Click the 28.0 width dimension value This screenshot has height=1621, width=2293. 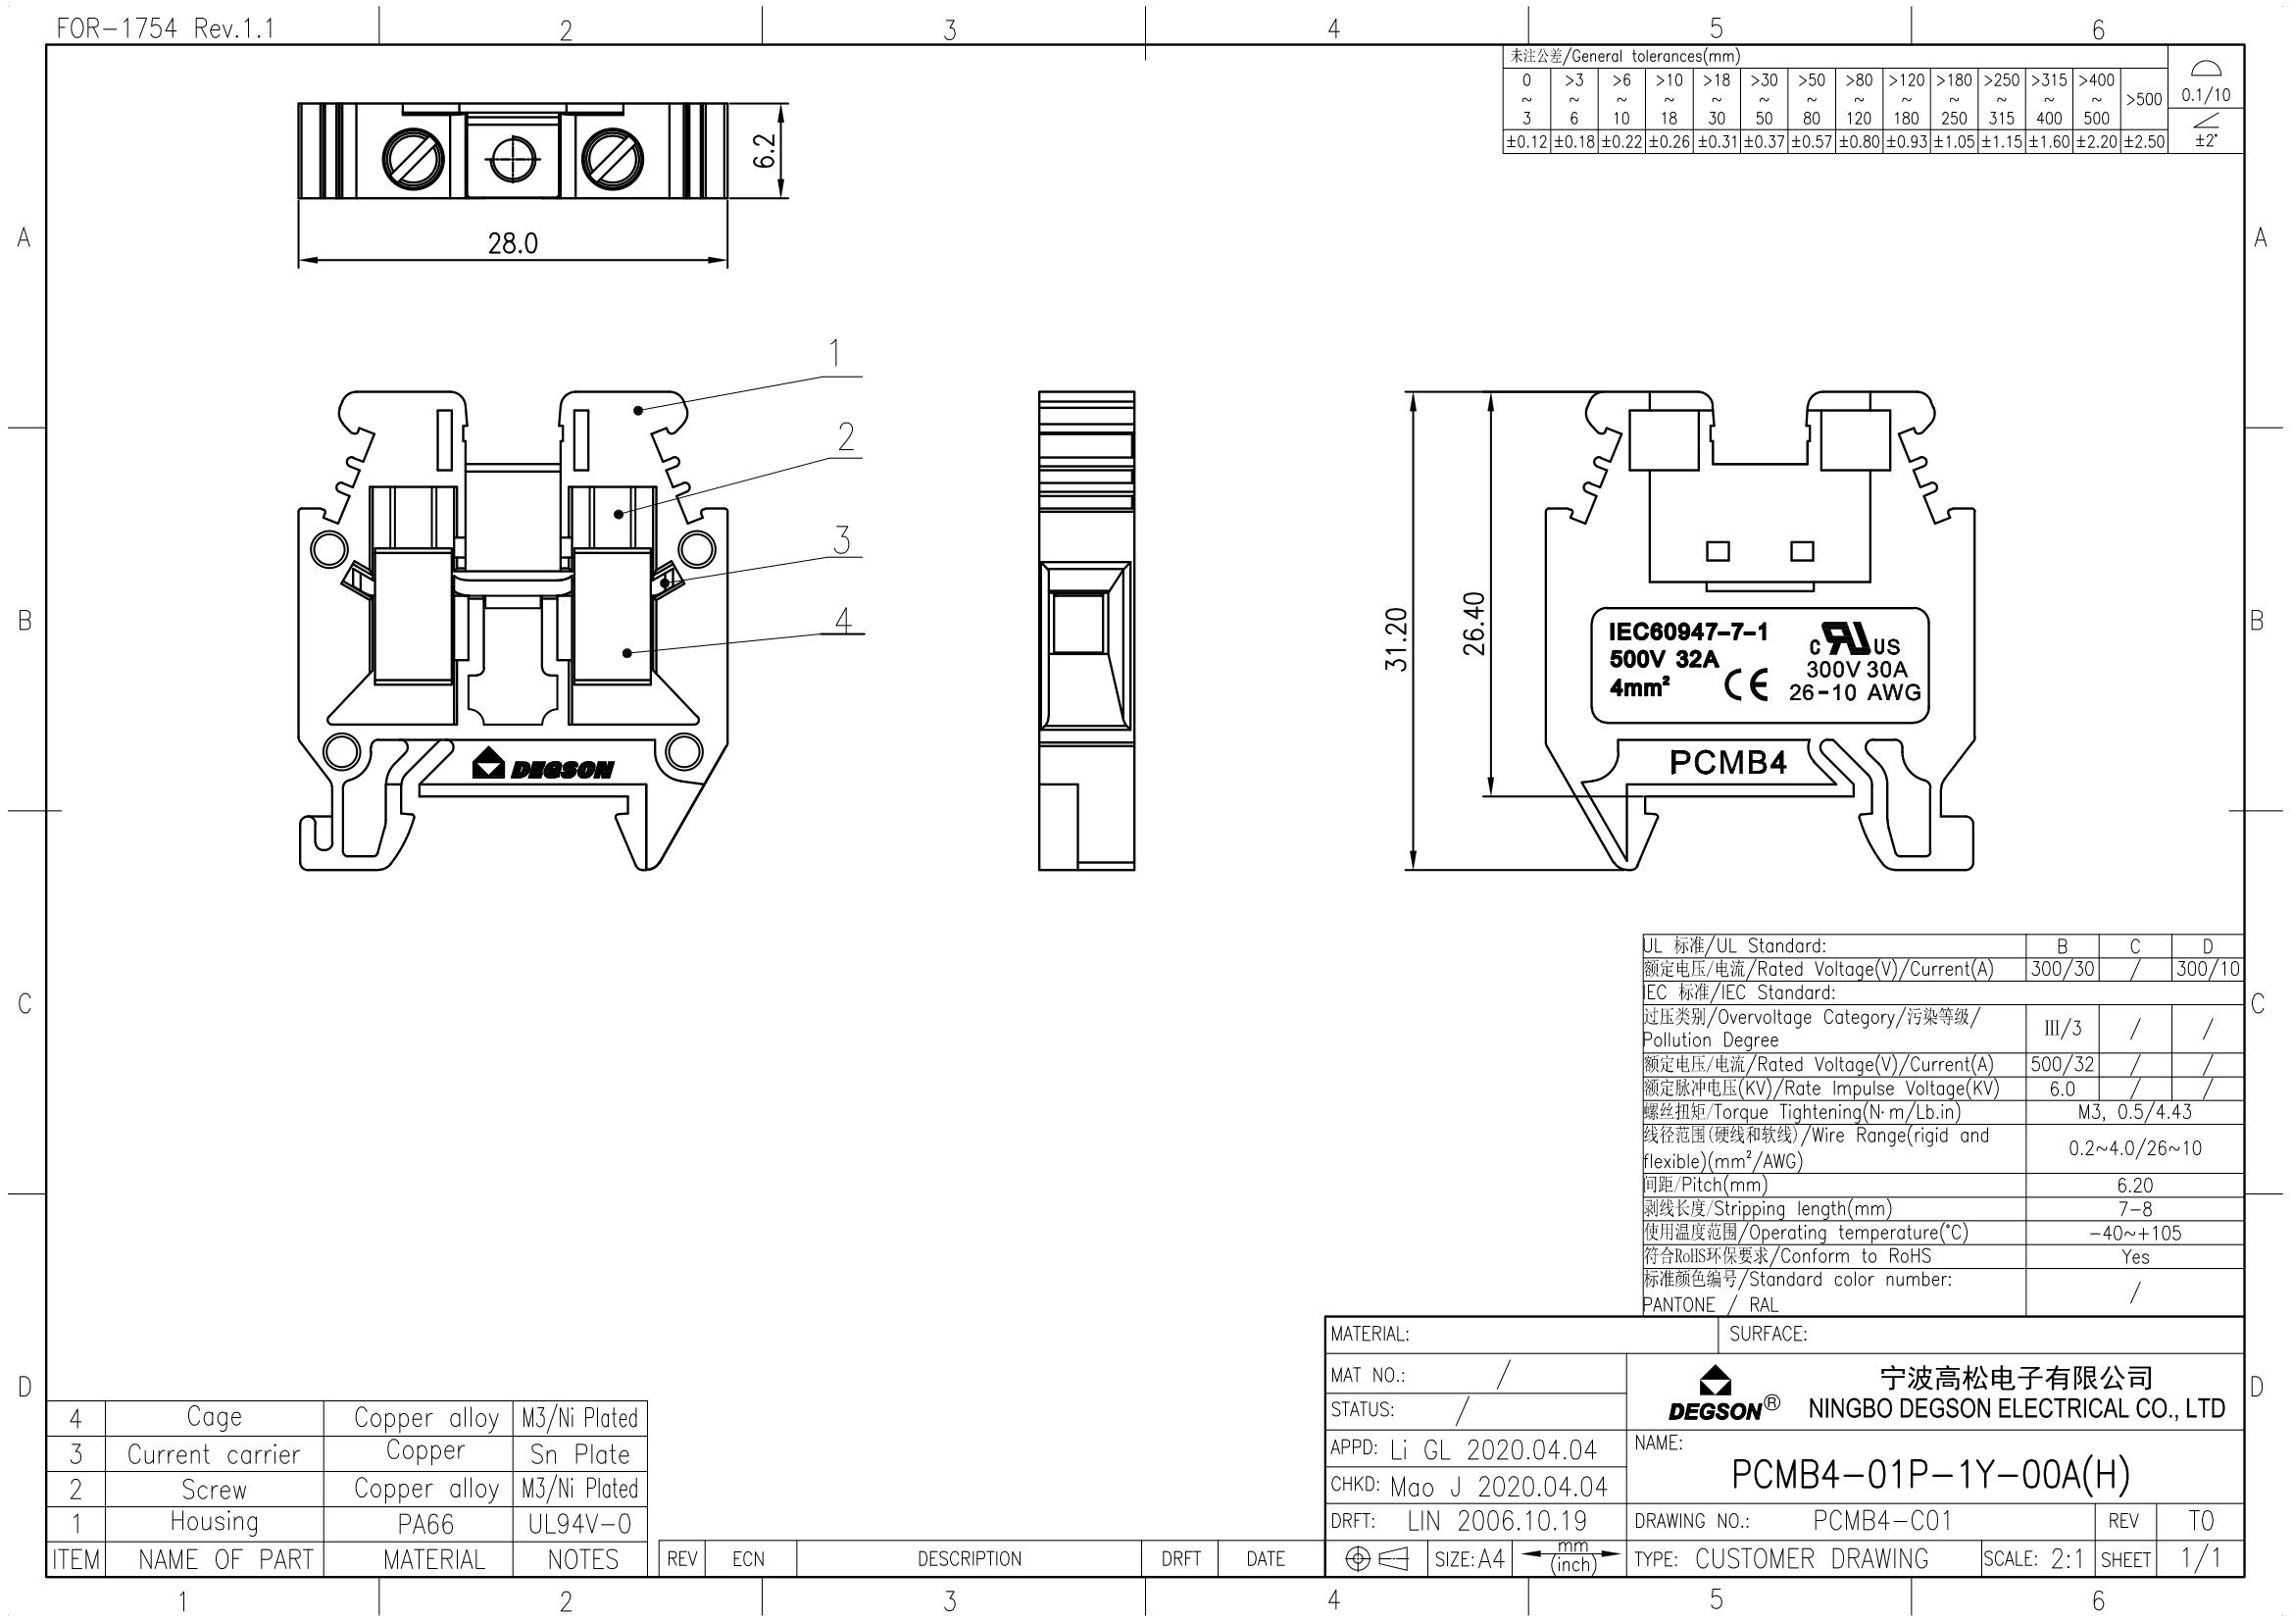click(x=513, y=242)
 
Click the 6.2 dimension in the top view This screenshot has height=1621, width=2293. click(x=764, y=151)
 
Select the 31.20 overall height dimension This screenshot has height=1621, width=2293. click(x=1396, y=639)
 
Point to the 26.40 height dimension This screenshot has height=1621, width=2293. click(x=1474, y=625)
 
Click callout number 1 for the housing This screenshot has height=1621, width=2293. click(x=834, y=354)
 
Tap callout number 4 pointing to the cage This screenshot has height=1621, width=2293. click(x=843, y=620)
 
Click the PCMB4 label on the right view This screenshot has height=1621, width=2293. click(x=1727, y=763)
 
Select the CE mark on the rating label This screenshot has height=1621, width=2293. click(x=1746, y=685)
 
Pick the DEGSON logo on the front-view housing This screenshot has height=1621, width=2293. click(x=543, y=766)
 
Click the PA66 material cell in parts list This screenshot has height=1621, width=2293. click(x=425, y=1524)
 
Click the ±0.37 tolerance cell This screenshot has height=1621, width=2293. click(x=1764, y=142)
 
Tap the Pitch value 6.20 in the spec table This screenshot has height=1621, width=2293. click(x=2134, y=1186)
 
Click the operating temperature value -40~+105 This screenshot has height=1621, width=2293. click(x=2134, y=1234)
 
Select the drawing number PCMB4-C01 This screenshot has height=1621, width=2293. click(x=1881, y=1520)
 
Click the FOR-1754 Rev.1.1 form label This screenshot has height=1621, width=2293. click(x=165, y=28)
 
